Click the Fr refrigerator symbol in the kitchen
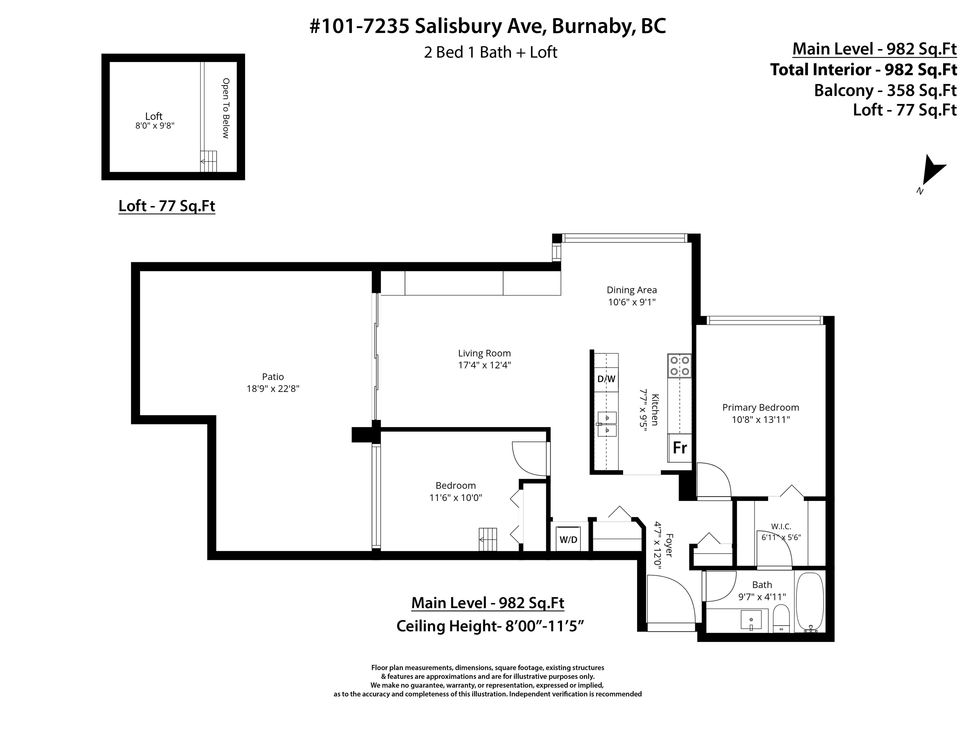(680, 448)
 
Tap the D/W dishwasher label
(606, 379)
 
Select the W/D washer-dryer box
(568, 539)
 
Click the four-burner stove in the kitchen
(680, 366)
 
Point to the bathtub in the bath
(810, 603)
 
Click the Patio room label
(273, 377)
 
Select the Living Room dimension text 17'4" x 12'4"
(485, 365)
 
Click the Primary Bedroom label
(761, 407)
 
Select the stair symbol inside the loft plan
(209, 161)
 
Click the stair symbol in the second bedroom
(488, 539)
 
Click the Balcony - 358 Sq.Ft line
(885, 91)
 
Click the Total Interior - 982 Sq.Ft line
(864, 70)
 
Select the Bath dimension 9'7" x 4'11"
(762, 597)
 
